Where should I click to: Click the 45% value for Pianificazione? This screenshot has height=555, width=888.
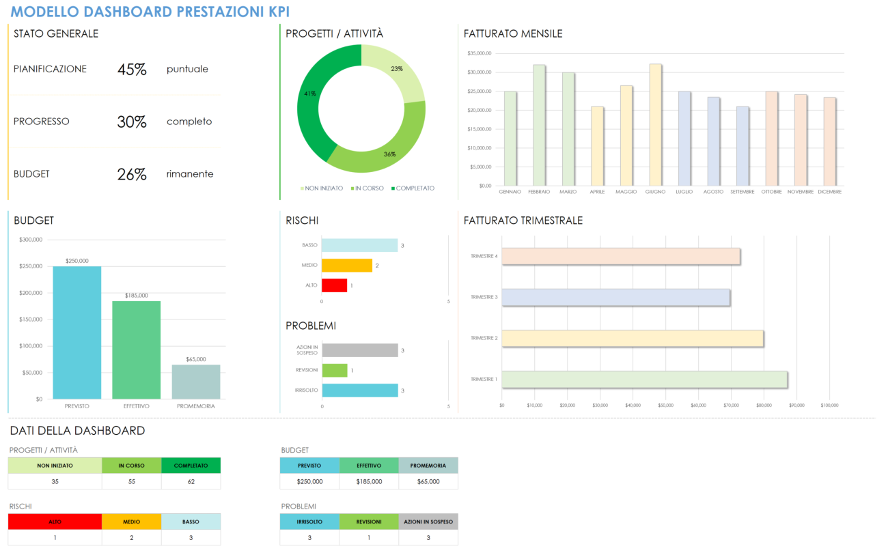pos(132,69)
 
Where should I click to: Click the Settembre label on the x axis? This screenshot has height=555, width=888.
pos(742,192)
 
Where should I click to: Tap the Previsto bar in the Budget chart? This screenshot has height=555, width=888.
pos(77,332)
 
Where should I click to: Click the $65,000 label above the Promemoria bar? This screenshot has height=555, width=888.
pos(195,359)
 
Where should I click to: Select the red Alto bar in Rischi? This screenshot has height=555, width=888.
pos(334,285)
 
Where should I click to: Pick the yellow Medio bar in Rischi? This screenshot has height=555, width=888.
pos(346,266)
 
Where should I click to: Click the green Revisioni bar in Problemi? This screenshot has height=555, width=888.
pos(335,371)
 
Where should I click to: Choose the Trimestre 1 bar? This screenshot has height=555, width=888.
pos(644,380)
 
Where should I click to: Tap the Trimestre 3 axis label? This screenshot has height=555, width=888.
pos(484,298)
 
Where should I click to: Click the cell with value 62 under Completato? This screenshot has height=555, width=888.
pos(191,481)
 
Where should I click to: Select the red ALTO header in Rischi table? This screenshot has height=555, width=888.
pos(55,522)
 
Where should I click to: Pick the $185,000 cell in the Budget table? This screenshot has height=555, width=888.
pos(369,481)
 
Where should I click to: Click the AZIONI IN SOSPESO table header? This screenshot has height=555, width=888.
pos(428,522)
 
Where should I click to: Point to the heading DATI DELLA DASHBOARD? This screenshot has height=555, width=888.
pos(77,431)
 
